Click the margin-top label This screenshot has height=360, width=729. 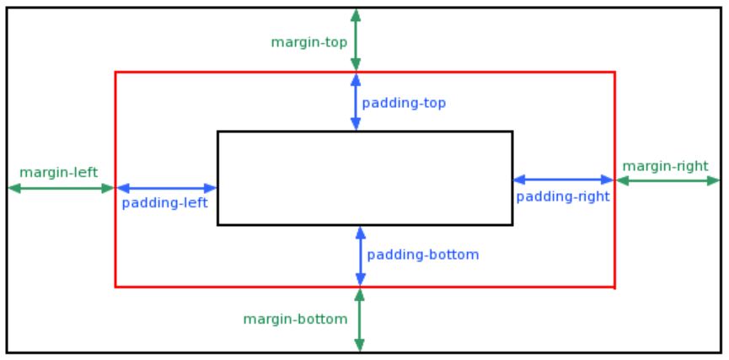[x=309, y=43]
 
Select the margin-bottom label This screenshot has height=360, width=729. [x=295, y=320]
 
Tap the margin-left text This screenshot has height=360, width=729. [x=59, y=173]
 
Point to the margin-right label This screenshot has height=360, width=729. [x=665, y=167]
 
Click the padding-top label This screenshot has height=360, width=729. [x=404, y=103]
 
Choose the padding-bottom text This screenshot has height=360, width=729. [x=422, y=255]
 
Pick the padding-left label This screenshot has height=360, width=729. [x=164, y=204]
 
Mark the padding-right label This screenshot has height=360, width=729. [x=563, y=197]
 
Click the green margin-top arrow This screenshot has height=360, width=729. [x=356, y=40]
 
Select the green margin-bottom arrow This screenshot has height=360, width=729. [x=359, y=320]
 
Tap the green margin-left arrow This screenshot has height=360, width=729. [x=61, y=188]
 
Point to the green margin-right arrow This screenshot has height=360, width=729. [x=668, y=180]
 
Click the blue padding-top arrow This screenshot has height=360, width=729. [x=356, y=102]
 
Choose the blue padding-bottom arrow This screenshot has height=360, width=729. [x=361, y=255]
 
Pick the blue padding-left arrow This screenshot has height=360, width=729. [x=166, y=188]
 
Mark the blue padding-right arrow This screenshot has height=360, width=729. [x=564, y=180]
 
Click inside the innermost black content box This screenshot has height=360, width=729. [x=365, y=178]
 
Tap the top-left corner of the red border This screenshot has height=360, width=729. [x=115, y=73]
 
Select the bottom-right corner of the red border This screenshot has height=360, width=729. [x=615, y=287]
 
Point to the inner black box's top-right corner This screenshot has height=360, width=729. [x=512, y=132]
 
